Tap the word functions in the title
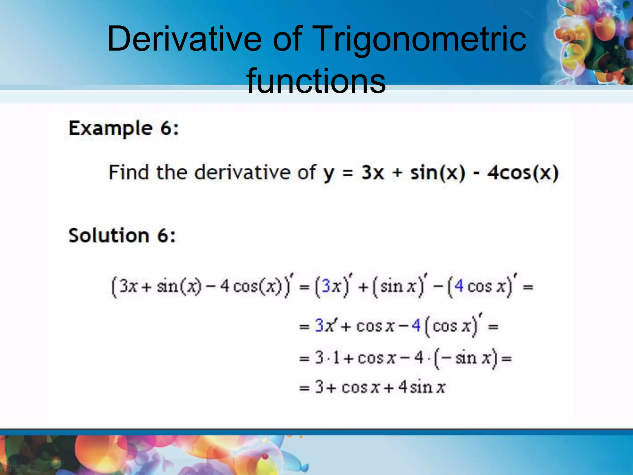pyautogui.click(x=316, y=81)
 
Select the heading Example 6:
pyautogui.click(x=124, y=128)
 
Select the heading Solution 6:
pyautogui.click(x=122, y=236)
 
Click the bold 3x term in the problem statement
pyautogui.click(x=372, y=173)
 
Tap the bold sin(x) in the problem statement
pyautogui.click(x=437, y=173)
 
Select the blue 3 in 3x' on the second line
pyautogui.click(x=319, y=326)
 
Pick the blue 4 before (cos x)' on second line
pyautogui.click(x=416, y=326)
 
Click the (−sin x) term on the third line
pyautogui.click(x=466, y=358)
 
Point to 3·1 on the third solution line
pyautogui.click(x=327, y=358)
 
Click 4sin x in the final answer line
pyautogui.click(x=422, y=387)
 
